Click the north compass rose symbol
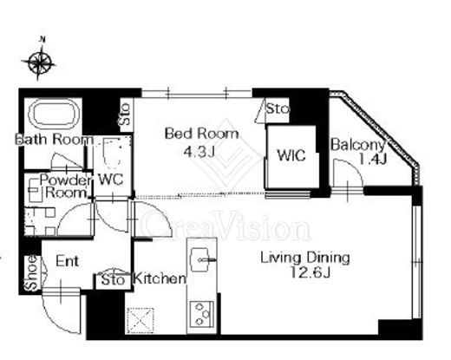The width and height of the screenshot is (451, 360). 39,62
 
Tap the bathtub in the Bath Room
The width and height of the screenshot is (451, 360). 54,115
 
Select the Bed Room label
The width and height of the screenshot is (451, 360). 201,134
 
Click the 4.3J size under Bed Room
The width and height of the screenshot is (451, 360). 199,151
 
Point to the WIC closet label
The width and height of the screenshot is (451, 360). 291,155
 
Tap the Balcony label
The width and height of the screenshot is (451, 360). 358,145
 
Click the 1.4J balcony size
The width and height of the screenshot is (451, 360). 373,159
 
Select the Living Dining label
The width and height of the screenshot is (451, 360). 305,259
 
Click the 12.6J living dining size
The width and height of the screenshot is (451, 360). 310,272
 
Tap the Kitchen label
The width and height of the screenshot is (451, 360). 160,278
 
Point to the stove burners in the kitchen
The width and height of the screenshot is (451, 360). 201,314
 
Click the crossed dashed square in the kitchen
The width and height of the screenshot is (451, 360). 141,320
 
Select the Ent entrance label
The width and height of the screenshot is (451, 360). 67,261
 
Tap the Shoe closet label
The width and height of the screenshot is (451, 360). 31,273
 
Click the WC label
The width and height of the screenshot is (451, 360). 111,180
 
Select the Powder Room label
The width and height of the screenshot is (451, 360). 66,187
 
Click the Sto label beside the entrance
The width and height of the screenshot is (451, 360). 114,280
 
